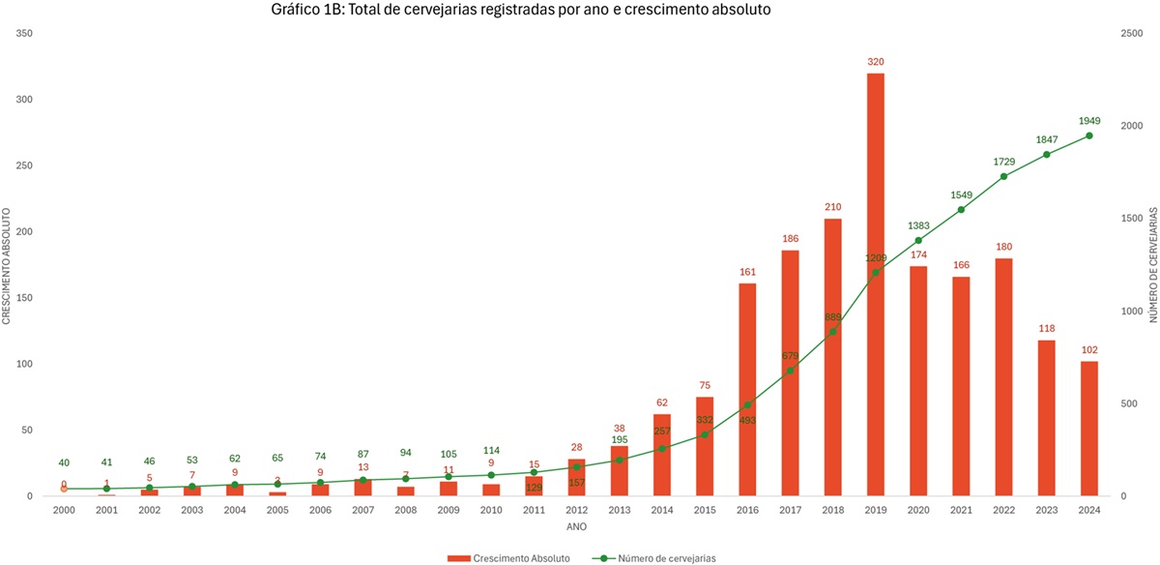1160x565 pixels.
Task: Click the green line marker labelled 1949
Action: [x=1088, y=135]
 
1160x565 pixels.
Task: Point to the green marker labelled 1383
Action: [x=918, y=240]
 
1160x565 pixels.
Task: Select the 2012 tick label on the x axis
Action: [x=577, y=511]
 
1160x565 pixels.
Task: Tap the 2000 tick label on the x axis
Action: [x=64, y=511]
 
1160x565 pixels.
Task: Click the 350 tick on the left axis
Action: [x=25, y=34]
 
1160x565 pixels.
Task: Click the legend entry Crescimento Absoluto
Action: [x=508, y=557]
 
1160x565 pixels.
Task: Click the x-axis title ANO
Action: [x=576, y=527]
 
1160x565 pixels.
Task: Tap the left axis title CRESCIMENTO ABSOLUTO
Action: [x=7, y=265]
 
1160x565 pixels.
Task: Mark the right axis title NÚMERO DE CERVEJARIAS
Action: [x=1152, y=265]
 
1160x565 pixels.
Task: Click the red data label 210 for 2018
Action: [x=833, y=207]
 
